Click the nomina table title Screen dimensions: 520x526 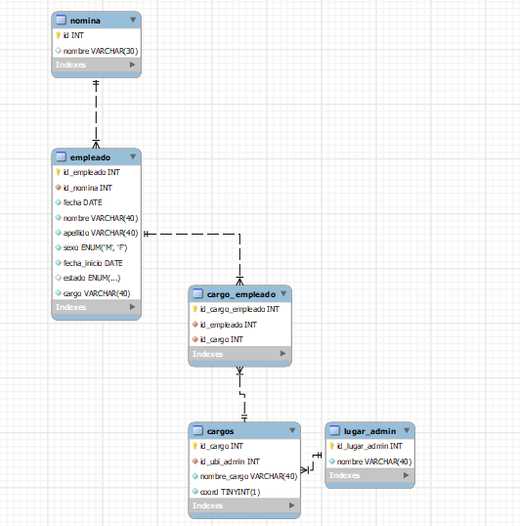85,21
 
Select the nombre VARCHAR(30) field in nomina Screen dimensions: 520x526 101,51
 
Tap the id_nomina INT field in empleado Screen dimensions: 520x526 88,188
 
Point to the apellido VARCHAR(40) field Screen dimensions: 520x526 101,233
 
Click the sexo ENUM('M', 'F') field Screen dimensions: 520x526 95,247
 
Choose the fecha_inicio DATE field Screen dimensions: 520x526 93,263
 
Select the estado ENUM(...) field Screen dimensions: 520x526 92,278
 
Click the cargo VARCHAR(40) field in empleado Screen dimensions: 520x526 97,293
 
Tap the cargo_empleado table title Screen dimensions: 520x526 241,294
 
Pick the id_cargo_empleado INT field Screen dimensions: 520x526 239,309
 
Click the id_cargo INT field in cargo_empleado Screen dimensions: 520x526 221,339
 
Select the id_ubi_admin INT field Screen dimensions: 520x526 230,461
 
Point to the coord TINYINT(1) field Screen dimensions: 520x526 230,492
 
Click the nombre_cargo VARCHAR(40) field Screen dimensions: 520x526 248,476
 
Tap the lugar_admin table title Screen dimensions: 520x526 369,431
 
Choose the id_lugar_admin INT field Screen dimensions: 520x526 369,446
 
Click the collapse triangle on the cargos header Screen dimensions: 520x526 292,430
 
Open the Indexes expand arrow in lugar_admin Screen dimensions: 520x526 406,475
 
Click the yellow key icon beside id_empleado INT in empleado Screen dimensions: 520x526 58,172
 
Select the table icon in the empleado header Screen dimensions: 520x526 61,156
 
